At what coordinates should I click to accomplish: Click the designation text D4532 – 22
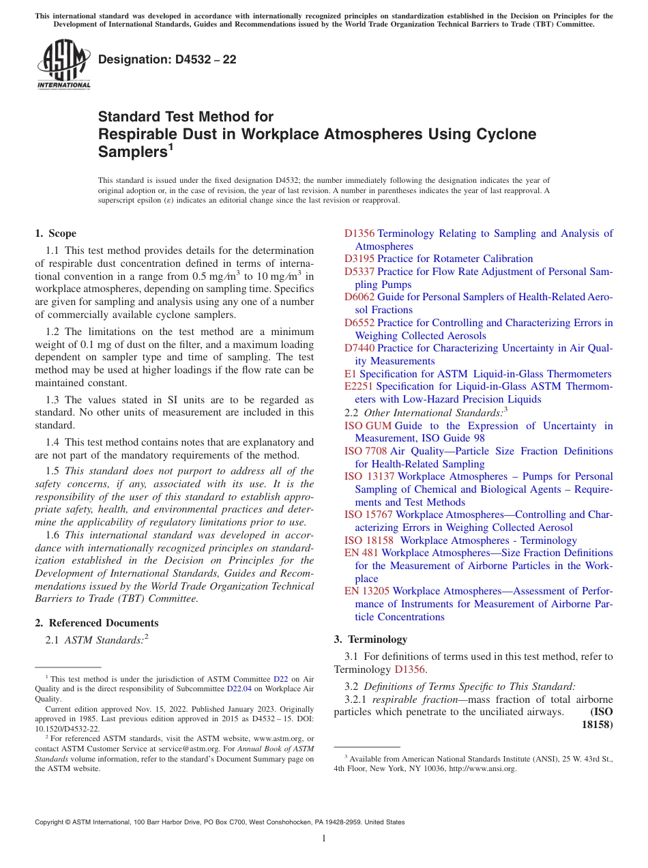click(167, 59)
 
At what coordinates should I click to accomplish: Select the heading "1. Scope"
click(55, 233)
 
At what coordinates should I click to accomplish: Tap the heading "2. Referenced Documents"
click(97, 623)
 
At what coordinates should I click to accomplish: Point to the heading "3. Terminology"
click(370, 639)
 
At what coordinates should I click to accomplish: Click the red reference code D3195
click(359, 259)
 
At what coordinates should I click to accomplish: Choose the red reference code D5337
click(359, 272)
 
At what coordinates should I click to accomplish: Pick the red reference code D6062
click(359, 297)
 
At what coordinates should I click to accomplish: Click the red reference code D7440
click(359, 348)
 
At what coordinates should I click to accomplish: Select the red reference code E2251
click(359, 386)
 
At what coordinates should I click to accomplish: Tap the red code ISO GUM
click(368, 426)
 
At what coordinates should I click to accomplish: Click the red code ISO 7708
click(366, 451)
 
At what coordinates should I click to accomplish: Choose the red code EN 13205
click(367, 591)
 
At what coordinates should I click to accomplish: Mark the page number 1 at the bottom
click(324, 838)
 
